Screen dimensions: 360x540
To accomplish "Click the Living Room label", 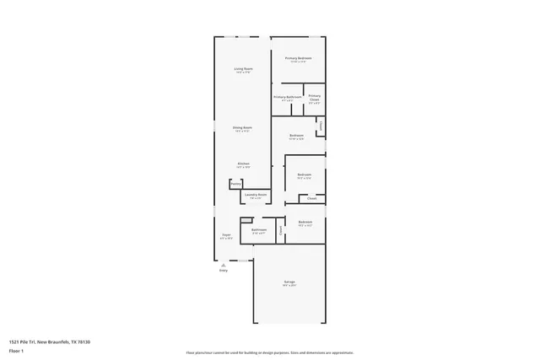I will tap(243, 68).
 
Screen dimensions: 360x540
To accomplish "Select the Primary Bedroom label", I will tap(299, 57).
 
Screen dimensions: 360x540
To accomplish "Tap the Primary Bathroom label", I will tap(288, 97).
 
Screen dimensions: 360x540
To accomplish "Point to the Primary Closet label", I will tap(314, 97).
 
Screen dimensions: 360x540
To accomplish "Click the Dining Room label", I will tap(243, 127).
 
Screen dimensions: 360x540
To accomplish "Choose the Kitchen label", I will tap(243, 163).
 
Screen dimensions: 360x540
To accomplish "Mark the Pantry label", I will tap(235, 184).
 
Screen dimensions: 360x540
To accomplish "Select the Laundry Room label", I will tap(256, 195).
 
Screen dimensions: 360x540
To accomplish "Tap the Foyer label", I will tap(226, 235).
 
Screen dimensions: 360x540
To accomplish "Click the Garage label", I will tap(289, 282).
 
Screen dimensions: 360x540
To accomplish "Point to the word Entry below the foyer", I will tap(224, 271).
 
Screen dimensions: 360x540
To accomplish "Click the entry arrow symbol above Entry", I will tap(224, 264).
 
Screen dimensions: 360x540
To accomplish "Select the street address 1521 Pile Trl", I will tap(22, 341).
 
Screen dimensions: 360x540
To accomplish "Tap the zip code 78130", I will tap(83, 341).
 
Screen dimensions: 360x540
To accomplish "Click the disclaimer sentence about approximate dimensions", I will tap(269, 352).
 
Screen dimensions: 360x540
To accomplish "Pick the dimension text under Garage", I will tap(289, 286).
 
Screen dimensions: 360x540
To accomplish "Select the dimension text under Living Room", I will tap(243, 73).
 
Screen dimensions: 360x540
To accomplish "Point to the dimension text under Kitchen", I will tap(243, 167).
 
